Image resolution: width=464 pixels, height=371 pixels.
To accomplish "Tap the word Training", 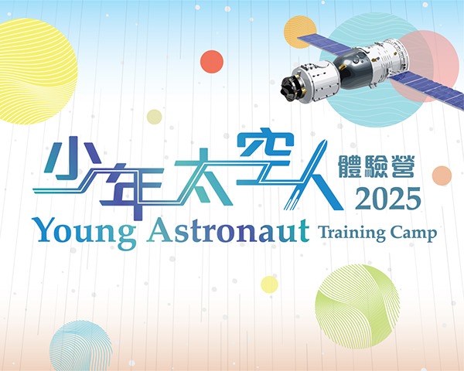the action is coord(351,233).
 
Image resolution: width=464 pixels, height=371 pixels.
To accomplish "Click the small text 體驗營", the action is coord(376,167).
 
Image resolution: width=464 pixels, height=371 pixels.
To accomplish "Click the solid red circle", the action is coord(212,61).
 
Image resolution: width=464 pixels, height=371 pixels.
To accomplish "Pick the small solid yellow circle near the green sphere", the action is coord(269,284).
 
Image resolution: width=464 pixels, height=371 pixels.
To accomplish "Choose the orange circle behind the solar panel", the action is coord(300,32).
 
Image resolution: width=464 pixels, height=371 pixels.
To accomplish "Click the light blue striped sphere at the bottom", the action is coord(80,346).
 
